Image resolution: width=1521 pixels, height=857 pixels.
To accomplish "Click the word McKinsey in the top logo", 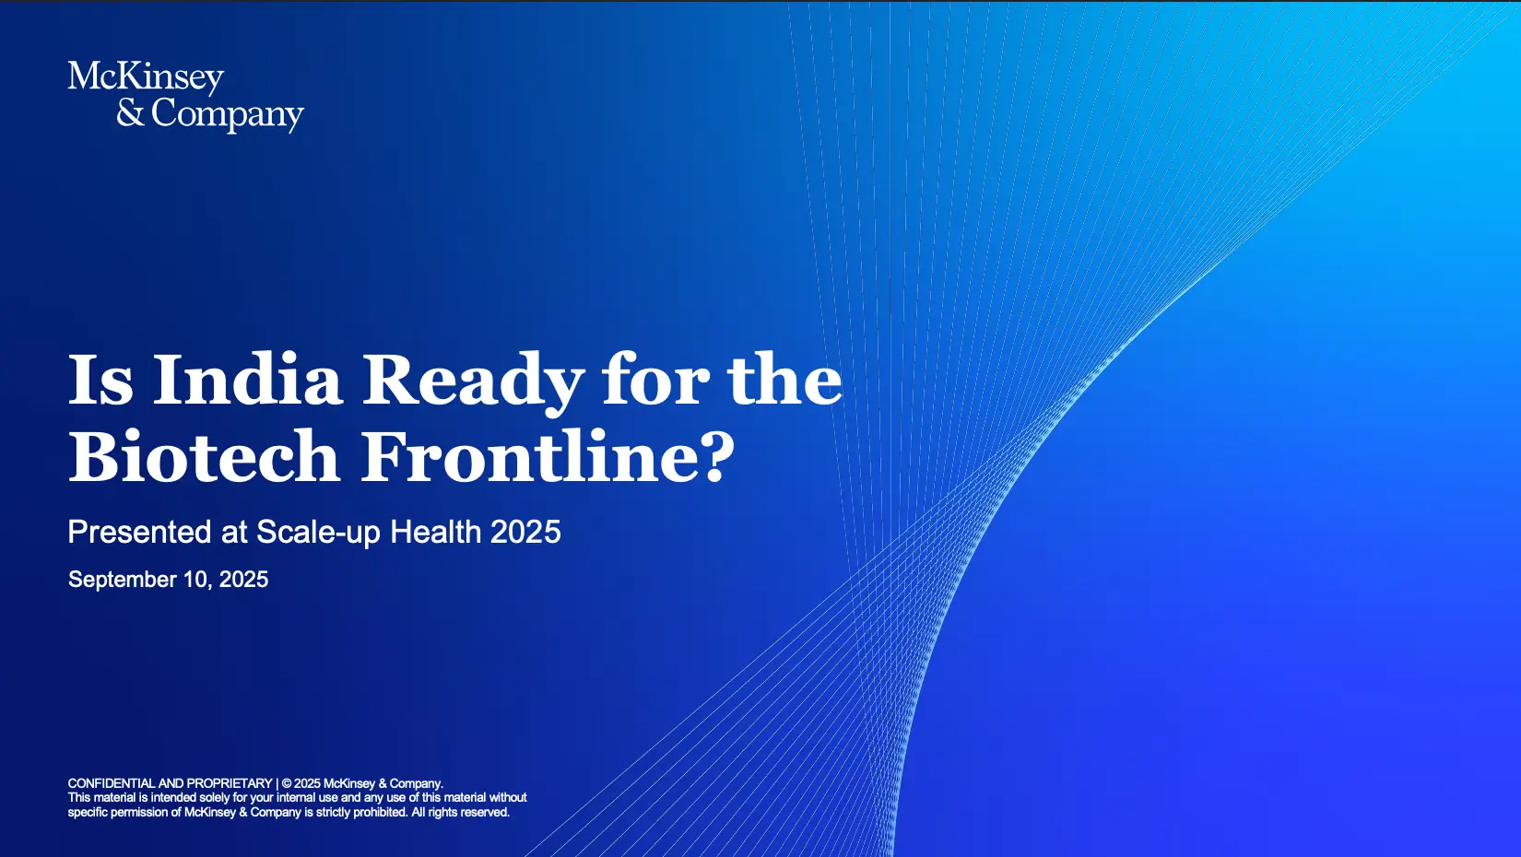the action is [146, 78].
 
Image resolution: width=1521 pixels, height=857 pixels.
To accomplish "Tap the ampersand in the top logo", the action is [130, 112].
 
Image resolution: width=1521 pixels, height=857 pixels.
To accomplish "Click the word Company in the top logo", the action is [228, 114].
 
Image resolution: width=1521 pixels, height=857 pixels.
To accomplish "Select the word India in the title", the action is [246, 379].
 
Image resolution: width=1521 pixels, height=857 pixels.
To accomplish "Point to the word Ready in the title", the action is [473, 383].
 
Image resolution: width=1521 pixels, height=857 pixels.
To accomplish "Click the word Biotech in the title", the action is [204, 456].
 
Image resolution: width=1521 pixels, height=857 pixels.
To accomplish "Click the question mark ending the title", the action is [719, 457].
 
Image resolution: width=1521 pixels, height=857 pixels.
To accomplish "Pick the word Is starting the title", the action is [100, 379].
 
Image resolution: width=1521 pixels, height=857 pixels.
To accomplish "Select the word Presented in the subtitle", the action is [140, 532].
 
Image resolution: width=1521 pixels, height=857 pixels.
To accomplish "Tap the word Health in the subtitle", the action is [436, 532].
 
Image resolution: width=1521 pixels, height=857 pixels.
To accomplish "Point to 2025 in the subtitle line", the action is [525, 532].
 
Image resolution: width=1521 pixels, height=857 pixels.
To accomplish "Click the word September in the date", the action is [123, 581].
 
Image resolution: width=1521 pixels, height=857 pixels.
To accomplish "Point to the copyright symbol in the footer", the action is [287, 783].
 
